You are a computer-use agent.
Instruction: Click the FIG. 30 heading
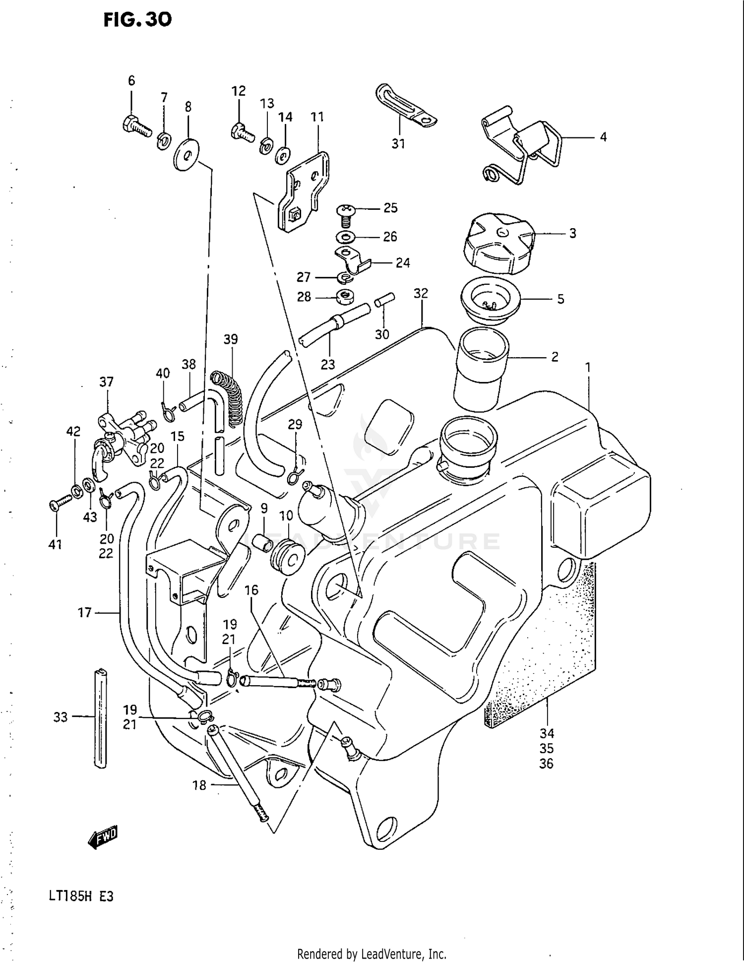(x=137, y=20)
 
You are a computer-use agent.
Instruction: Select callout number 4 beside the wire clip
(x=603, y=137)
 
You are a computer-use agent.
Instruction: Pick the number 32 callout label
(x=421, y=293)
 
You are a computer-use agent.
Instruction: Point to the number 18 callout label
(x=199, y=785)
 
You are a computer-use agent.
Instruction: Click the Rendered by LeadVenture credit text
(x=372, y=954)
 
